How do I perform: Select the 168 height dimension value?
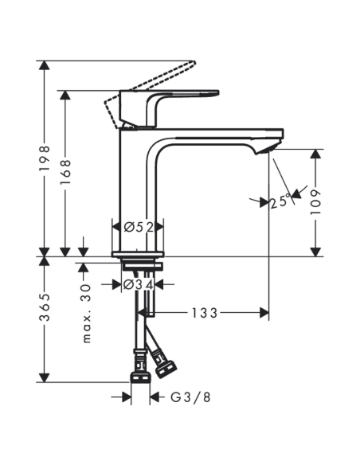(x=66, y=173)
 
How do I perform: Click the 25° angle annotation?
(x=279, y=202)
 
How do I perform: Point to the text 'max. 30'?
(x=88, y=315)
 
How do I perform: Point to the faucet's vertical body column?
(x=139, y=191)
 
